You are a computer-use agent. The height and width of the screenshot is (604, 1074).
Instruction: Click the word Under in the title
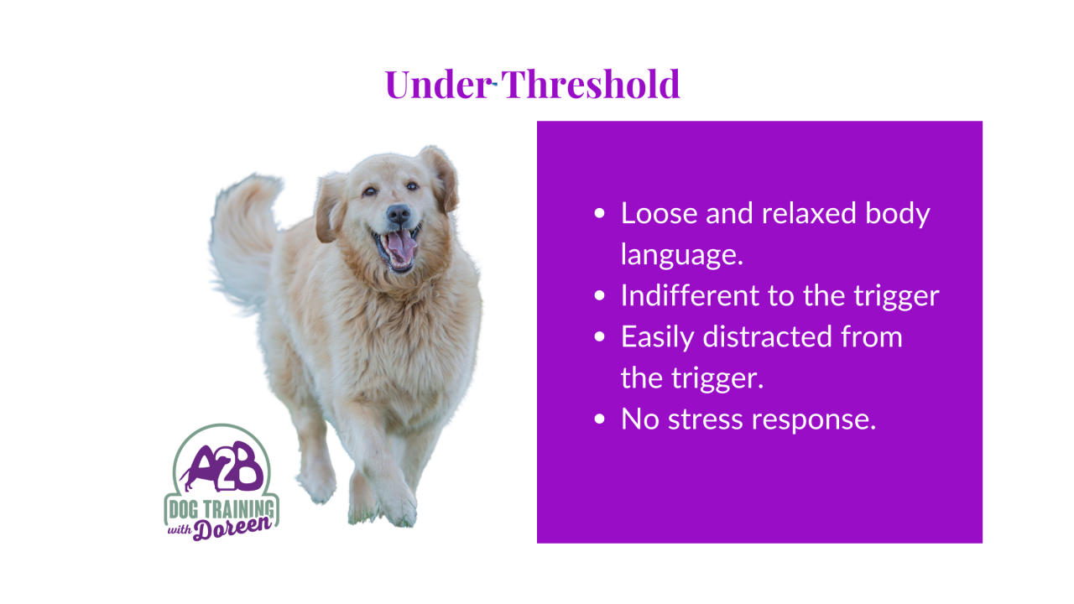(439, 85)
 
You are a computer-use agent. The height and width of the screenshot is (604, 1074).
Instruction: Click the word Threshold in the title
(591, 84)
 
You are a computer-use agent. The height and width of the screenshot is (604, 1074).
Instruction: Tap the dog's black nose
(399, 213)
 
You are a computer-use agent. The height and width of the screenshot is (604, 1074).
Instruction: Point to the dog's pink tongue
(402, 245)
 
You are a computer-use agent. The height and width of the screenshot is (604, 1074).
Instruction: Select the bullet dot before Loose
(599, 213)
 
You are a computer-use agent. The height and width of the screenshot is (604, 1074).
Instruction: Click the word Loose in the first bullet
(659, 213)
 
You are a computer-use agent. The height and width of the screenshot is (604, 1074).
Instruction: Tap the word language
(682, 254)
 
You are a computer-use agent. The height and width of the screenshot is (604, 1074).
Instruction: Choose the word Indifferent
(690, 295)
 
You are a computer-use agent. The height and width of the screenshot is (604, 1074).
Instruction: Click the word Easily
(657, 337)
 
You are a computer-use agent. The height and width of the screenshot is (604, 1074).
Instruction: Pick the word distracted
(768, 336)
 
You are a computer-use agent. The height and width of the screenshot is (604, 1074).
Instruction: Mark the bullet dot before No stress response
(599, 419)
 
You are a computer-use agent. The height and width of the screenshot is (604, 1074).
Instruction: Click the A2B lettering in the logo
(223, 466)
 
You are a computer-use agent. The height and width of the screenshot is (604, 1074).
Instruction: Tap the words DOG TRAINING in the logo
(221, 509)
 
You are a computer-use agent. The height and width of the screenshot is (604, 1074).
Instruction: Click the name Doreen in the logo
(232, 528)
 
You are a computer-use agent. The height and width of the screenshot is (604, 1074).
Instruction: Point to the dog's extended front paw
(398, 508)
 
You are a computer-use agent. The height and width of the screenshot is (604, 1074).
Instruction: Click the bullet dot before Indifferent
(599, 296)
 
